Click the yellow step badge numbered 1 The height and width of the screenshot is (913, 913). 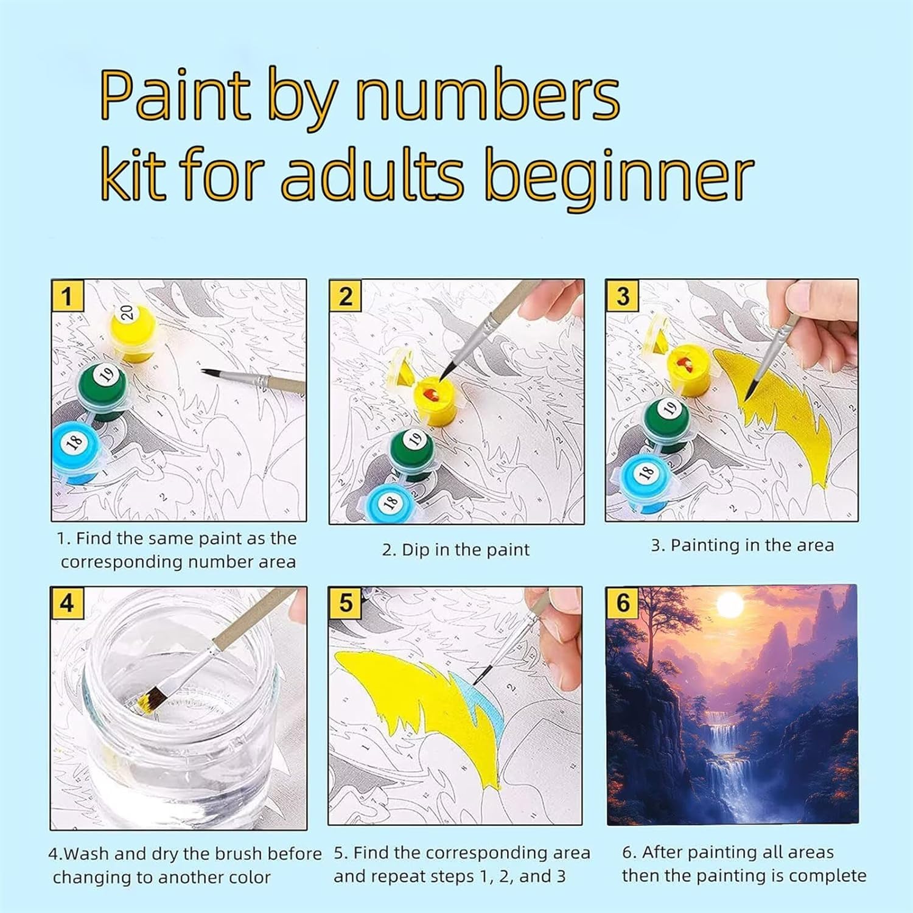click(67, 296)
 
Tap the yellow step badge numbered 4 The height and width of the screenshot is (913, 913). click(67, 603)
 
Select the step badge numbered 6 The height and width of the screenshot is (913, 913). click(623, 603)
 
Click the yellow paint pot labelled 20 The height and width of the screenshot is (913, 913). click(133, 331)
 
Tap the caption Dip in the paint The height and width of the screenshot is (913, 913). click(456, 550)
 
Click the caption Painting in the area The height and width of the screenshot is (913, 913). click(742, 545)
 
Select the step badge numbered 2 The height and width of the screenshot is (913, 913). click(345, 296)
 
